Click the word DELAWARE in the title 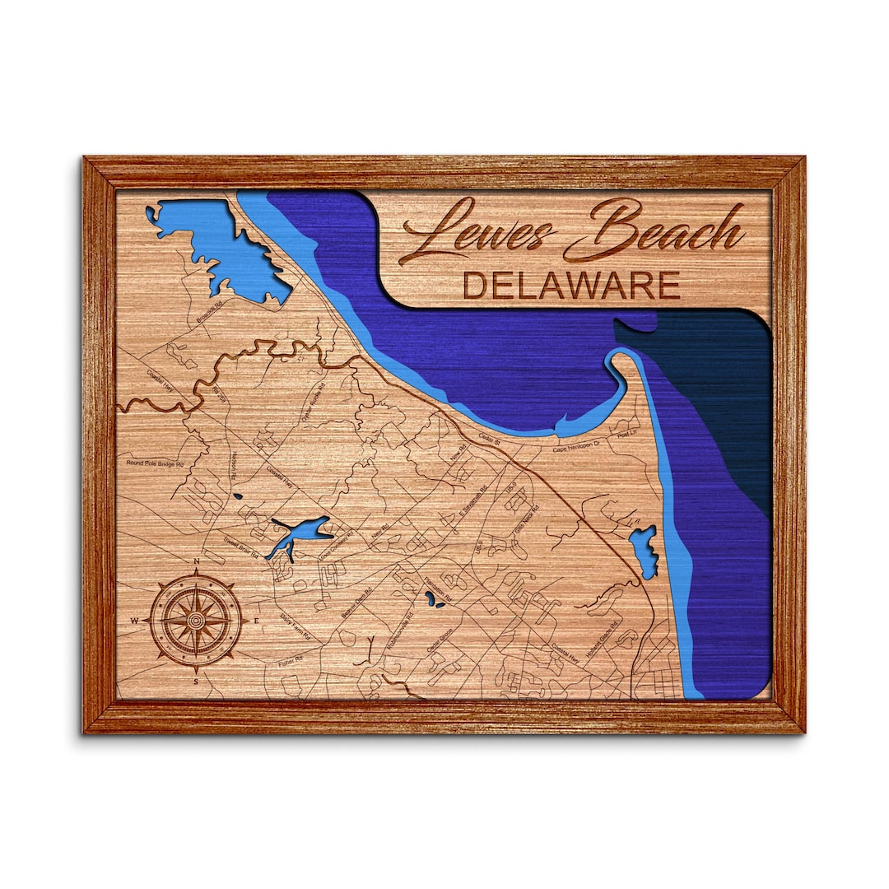[571, 286]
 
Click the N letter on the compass [197, 562]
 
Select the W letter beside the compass [134, 620]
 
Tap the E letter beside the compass [257, 620]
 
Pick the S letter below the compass [196, 681]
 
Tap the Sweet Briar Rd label [241, 549]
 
